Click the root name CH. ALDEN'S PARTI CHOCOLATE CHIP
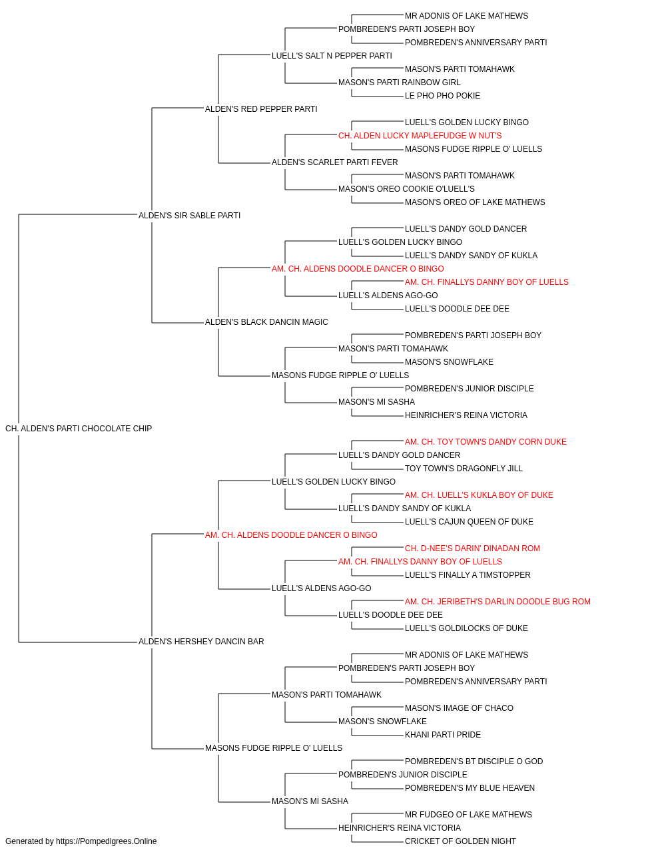coord(79,429)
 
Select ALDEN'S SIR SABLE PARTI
coord(189,215)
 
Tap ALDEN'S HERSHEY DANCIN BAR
coord(201,642)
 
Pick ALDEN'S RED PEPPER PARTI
coord(261,109)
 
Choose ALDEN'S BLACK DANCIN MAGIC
coord(266,322)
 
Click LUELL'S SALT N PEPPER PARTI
coord(332,56)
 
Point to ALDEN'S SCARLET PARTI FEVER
coord(335,162)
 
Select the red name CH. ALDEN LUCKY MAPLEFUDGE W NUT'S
coord(420,136)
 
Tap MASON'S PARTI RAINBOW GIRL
coord(400,83)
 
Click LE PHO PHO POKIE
coord(442,96)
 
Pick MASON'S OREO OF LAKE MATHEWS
coord(475,202)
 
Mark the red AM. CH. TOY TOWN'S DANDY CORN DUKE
coord(486,442)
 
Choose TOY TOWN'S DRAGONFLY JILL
coord(464,468)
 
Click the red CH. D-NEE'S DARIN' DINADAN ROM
coord(472,548)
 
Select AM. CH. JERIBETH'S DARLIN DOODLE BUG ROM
coord(498,602)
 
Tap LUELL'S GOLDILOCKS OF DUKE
coord(466,628)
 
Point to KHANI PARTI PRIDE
coord(443,734)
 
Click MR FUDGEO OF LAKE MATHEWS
coord(468,814)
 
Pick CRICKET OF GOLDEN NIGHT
coord(460,841)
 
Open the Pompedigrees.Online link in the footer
coord(106,841)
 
